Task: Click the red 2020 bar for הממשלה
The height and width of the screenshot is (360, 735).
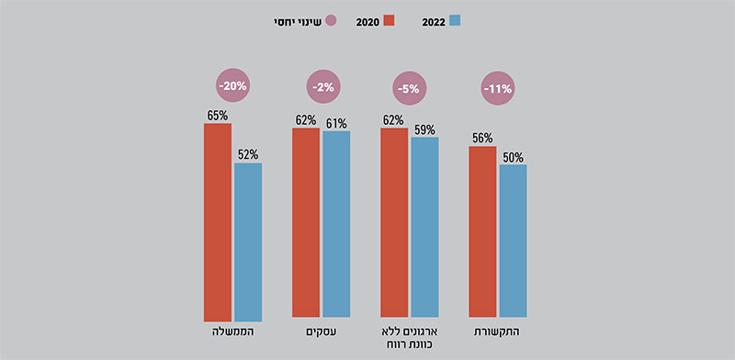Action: (x=218, y=221)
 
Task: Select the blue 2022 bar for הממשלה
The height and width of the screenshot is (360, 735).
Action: (x=248, y=242)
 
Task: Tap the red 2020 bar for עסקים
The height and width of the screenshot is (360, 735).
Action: (x=306, y=224)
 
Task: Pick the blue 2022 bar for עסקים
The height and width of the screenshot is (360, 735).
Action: (x=336, y=225)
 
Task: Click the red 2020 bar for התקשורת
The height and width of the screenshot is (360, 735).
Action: (x=482, y=233)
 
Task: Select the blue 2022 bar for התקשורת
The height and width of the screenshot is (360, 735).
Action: (x=513, y=242)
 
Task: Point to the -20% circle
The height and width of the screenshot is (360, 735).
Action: (x=232, y=86)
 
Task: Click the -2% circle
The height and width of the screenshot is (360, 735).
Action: (x=322, y=87)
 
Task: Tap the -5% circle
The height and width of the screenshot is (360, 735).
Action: (x=410, y=89)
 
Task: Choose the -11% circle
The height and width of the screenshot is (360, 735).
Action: (x=497, y=89)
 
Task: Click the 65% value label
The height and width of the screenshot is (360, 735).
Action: (x=218, y=116)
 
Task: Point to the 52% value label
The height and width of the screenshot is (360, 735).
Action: (x=248, y=155)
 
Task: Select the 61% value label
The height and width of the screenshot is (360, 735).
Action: (x=336, y=123)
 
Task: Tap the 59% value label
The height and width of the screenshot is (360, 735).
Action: (x=424, y=129)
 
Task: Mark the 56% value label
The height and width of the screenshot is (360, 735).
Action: (x=482, y=138)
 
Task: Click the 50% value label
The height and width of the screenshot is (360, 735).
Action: (x=513, y=157)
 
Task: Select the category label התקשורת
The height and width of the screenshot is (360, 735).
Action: (x=498, y=330)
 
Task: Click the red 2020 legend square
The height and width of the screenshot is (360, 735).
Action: (x=388, y=20)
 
